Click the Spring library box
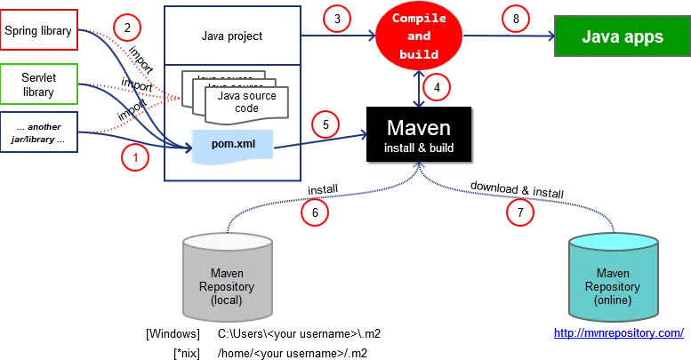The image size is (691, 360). click(x=38, y=31)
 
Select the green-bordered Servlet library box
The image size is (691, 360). click(x=38, y=84)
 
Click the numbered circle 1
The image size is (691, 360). click(x=134, y=158)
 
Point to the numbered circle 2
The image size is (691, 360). click(x=127, y=28)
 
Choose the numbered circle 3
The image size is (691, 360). click(x=336, y=19)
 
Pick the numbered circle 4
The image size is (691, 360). click(x=435, y=87)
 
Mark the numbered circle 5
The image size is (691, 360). click(x=326, y=125)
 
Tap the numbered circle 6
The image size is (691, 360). click(x=314, y=212)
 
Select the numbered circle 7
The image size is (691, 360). click(x=521, y=212)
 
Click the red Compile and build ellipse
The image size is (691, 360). click(x=419, y=36)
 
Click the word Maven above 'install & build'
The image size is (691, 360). click(x=419, y=127)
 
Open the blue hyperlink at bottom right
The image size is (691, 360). click(x=618, y=333)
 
